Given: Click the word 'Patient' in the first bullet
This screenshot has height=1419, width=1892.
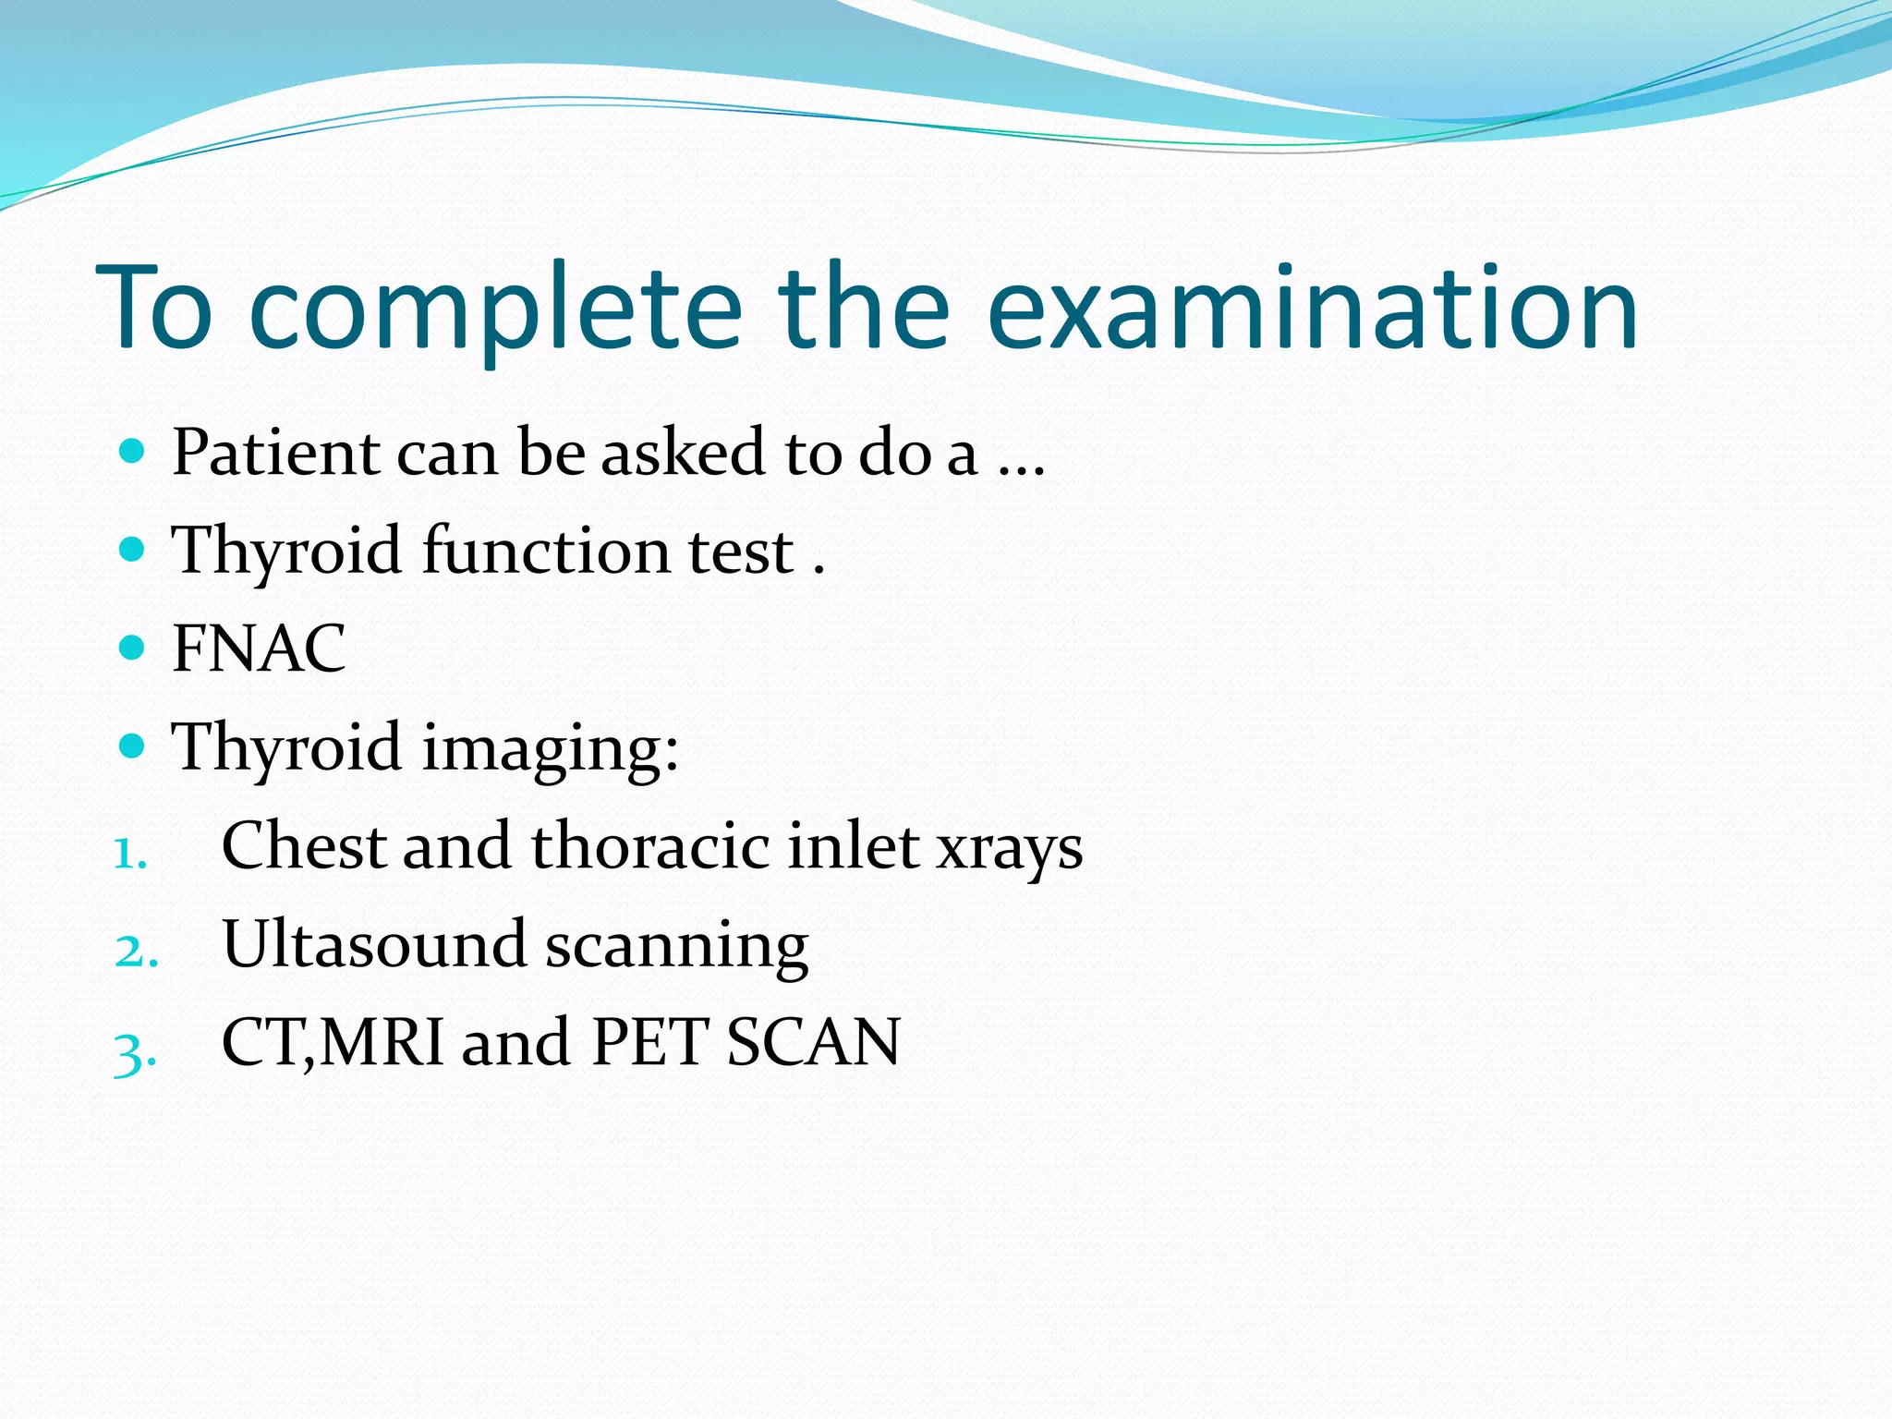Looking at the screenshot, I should click(275, 453).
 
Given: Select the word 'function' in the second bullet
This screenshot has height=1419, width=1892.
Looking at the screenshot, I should click(545, 551).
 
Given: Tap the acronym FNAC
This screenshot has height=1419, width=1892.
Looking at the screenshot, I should click(259, 649).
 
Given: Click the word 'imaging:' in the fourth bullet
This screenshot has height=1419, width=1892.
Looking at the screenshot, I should click(551, 748).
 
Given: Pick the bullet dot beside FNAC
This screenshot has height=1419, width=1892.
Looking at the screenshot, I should click(133, 647).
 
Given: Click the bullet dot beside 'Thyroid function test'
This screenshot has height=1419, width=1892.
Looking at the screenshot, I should click(133, 550).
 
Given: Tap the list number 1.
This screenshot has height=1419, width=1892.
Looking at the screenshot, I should click(129, 854).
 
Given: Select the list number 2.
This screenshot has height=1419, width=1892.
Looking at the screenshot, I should click(135, 952).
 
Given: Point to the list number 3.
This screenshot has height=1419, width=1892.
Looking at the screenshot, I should click(135, 1051).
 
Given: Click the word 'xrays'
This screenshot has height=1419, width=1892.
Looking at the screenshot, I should click(1009, 848).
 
